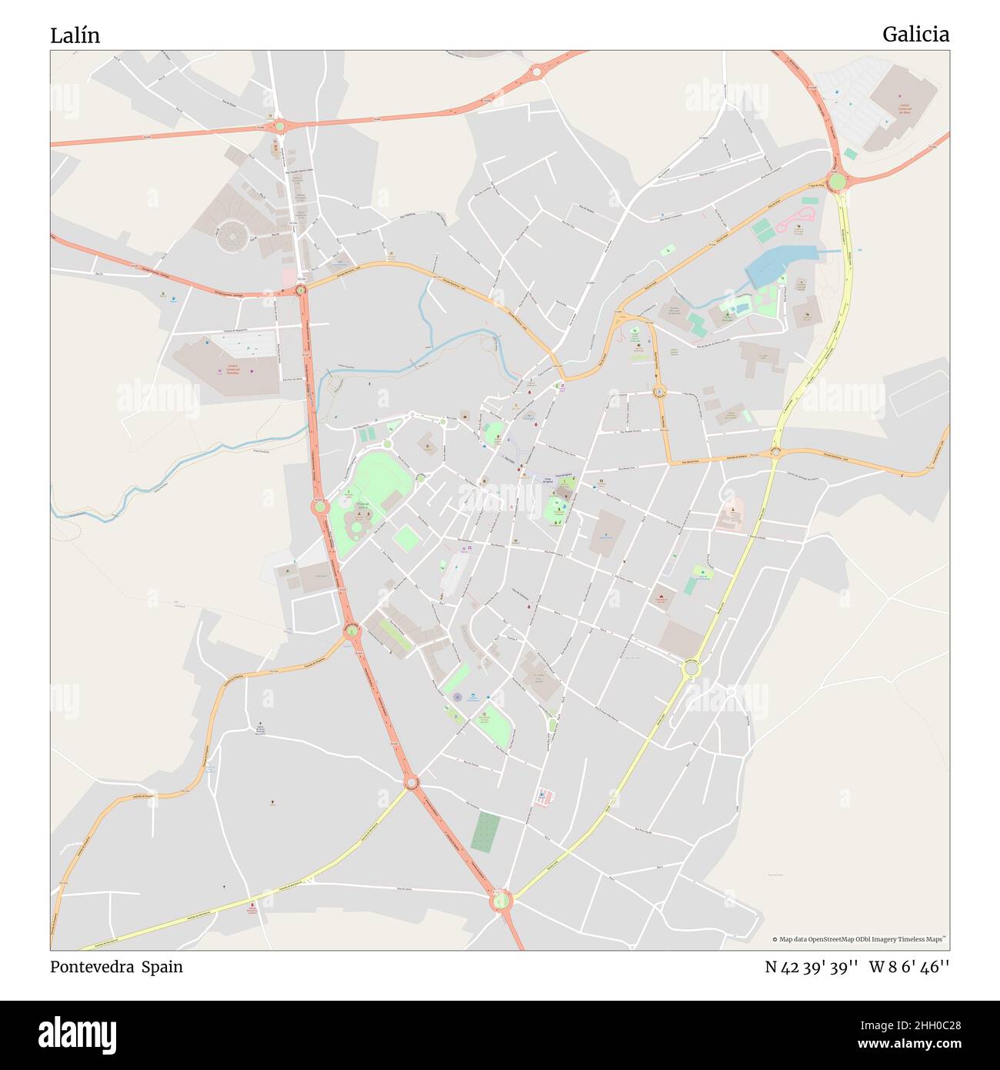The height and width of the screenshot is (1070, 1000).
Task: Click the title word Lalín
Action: tap(75, 35)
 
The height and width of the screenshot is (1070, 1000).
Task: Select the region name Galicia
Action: tap(915, 35)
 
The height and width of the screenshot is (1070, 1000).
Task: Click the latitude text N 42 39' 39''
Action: tap(812, 968)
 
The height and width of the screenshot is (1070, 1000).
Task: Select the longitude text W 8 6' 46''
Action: tap(909, 968)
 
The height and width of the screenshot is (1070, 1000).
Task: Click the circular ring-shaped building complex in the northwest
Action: tap(231, 236)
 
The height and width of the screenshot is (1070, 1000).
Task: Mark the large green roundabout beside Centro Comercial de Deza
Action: tap(837, 182)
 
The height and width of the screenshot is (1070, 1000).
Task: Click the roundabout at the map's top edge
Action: tap(536, 72)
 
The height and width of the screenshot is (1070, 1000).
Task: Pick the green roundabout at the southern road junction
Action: tap(501, 899)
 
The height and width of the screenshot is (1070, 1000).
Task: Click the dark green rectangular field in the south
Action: tap(485, 832)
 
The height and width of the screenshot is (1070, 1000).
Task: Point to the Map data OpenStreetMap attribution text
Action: tap(860, 939)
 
